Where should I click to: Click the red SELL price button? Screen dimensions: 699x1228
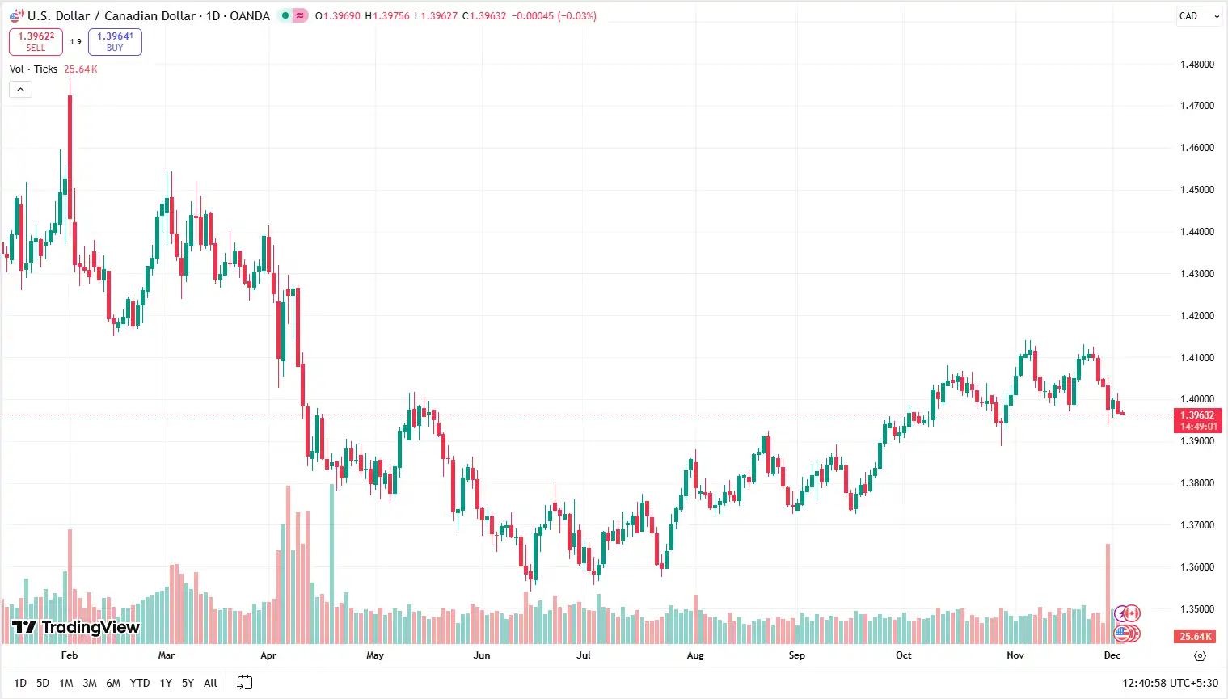36,41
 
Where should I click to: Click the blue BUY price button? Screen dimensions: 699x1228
115,41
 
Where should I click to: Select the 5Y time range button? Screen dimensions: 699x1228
188,683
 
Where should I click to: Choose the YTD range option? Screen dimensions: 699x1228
140,683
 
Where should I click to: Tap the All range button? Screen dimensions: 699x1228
210,683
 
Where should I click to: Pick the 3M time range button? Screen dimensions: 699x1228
90,683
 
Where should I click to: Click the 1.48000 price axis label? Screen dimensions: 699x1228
1196,65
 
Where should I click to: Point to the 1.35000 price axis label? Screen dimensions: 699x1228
1196,609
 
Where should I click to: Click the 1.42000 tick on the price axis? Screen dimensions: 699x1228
1196,316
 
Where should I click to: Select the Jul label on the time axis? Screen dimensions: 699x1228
583,655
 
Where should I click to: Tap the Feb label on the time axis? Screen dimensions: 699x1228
70,655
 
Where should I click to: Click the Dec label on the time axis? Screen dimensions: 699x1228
1112,655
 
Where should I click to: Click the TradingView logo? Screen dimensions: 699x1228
76,627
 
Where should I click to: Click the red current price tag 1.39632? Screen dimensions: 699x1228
1197,420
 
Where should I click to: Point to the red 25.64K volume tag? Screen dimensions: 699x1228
1196,637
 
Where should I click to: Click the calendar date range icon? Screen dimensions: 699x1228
245,683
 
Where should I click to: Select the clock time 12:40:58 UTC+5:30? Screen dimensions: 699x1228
1170,683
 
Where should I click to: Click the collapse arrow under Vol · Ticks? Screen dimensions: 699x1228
20,90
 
